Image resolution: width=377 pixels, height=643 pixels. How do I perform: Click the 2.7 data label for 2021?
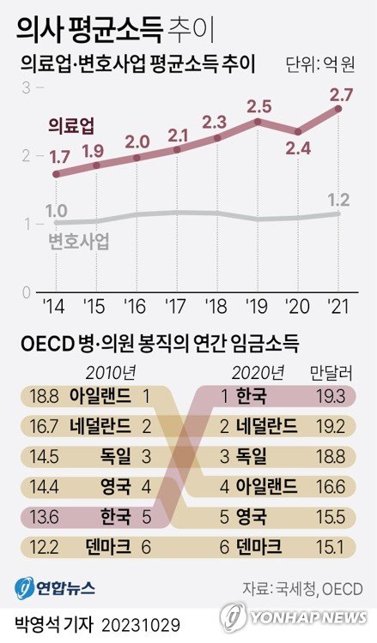(342, 92)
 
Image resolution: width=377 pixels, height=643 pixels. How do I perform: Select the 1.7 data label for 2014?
(60, 157)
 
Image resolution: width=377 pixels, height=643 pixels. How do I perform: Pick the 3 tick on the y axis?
(27, 87)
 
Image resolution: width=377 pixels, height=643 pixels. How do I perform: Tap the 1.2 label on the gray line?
(338, 200)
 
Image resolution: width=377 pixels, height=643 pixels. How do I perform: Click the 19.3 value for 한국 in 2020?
(331, 396)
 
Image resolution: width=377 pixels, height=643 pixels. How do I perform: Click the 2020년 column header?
(258, 371)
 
